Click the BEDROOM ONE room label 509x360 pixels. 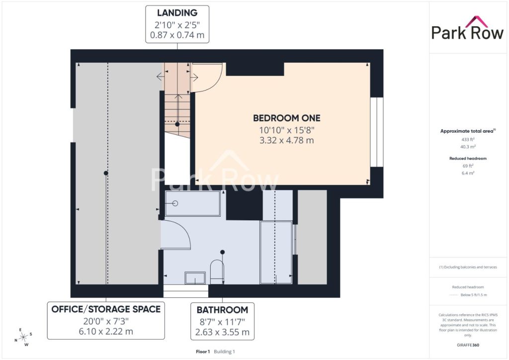click(x=287, y=118)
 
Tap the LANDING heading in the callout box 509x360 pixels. click(x=177, y=12)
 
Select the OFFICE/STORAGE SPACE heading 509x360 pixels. click(x=106, y=309)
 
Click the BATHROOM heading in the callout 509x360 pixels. click(x=222, y=310)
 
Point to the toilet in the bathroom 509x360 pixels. click(x=217, y=271)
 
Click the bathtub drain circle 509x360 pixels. click(x=175, y=203)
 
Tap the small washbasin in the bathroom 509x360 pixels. click(x=195, y=278)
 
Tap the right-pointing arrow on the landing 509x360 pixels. click(x=194, y=77)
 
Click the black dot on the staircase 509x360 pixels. click(x=177, y=124)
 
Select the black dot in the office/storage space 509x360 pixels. click(x=106, y=173)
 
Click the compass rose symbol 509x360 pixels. click(x=23, y=338)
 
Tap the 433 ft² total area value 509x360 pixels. click(x=468, y=139)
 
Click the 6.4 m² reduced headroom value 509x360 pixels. click(x=468, y=173)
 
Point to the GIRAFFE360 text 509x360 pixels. click(x=468, y=345)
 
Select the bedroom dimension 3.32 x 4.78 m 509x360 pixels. click(x=287, y=140)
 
